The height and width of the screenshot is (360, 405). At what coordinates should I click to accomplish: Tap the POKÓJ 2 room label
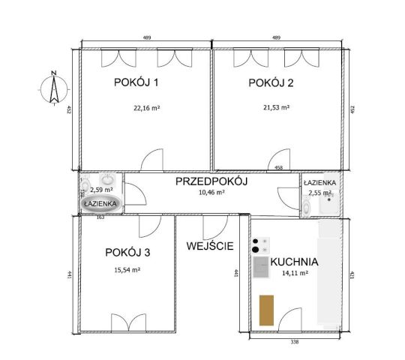tap(271, 82)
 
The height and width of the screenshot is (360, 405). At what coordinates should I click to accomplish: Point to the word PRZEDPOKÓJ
tap(211, 181)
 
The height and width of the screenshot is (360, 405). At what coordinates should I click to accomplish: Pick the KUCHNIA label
tap(295, 262)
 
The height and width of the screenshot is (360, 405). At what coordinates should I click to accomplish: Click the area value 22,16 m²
tap(147, 108)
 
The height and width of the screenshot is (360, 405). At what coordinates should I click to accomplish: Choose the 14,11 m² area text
tap(294, 274)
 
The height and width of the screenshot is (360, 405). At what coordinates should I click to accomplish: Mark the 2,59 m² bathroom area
tap(101, 190)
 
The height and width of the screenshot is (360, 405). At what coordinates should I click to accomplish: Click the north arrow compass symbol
tap(53, 88)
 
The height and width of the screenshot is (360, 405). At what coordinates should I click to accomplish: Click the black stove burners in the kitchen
tap(259, 244)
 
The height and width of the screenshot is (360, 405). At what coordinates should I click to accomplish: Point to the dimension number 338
tap(295, 342)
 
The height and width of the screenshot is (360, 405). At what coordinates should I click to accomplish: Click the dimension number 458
tap(279, 169)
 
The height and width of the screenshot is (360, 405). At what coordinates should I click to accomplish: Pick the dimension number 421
tap(350, 275)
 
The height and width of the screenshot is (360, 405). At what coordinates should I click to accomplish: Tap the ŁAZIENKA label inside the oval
tap(99, 203)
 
